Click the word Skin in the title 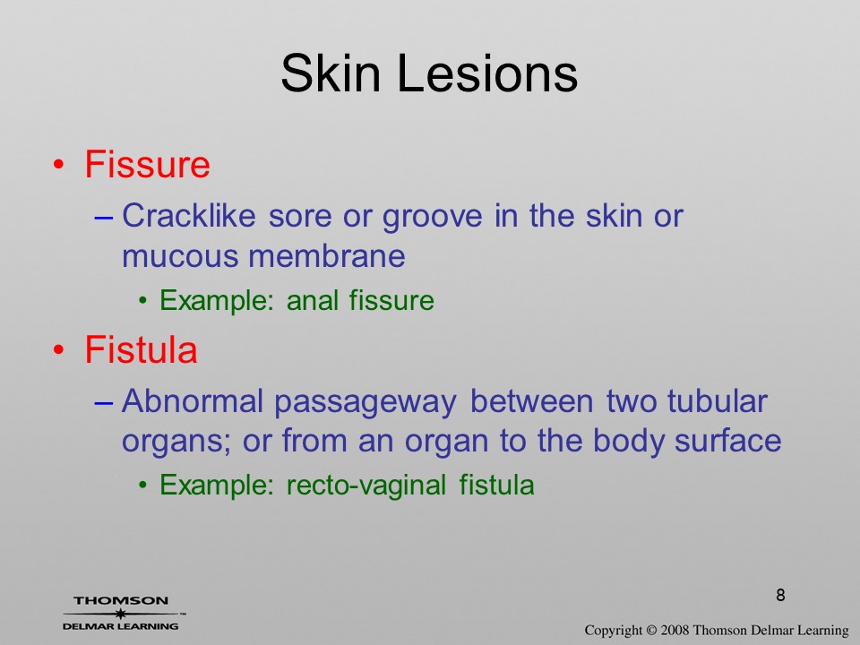[x=331, y=73]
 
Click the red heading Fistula [x=141, y=349]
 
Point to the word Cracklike [x=189, y=215]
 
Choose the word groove [x=432, y=217]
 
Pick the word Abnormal [x=193, y=400]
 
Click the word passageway [x=365, y=403]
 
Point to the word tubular [x=717, y=400]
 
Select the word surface [x=727, y=441]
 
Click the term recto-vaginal [x=365, y=486]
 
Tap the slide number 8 [x=780, y=595]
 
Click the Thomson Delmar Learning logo [x=122, y=613]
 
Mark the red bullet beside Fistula [x=59, y=350]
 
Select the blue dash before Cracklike [x=103, y=218]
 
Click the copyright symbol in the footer [x=650, y=630]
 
